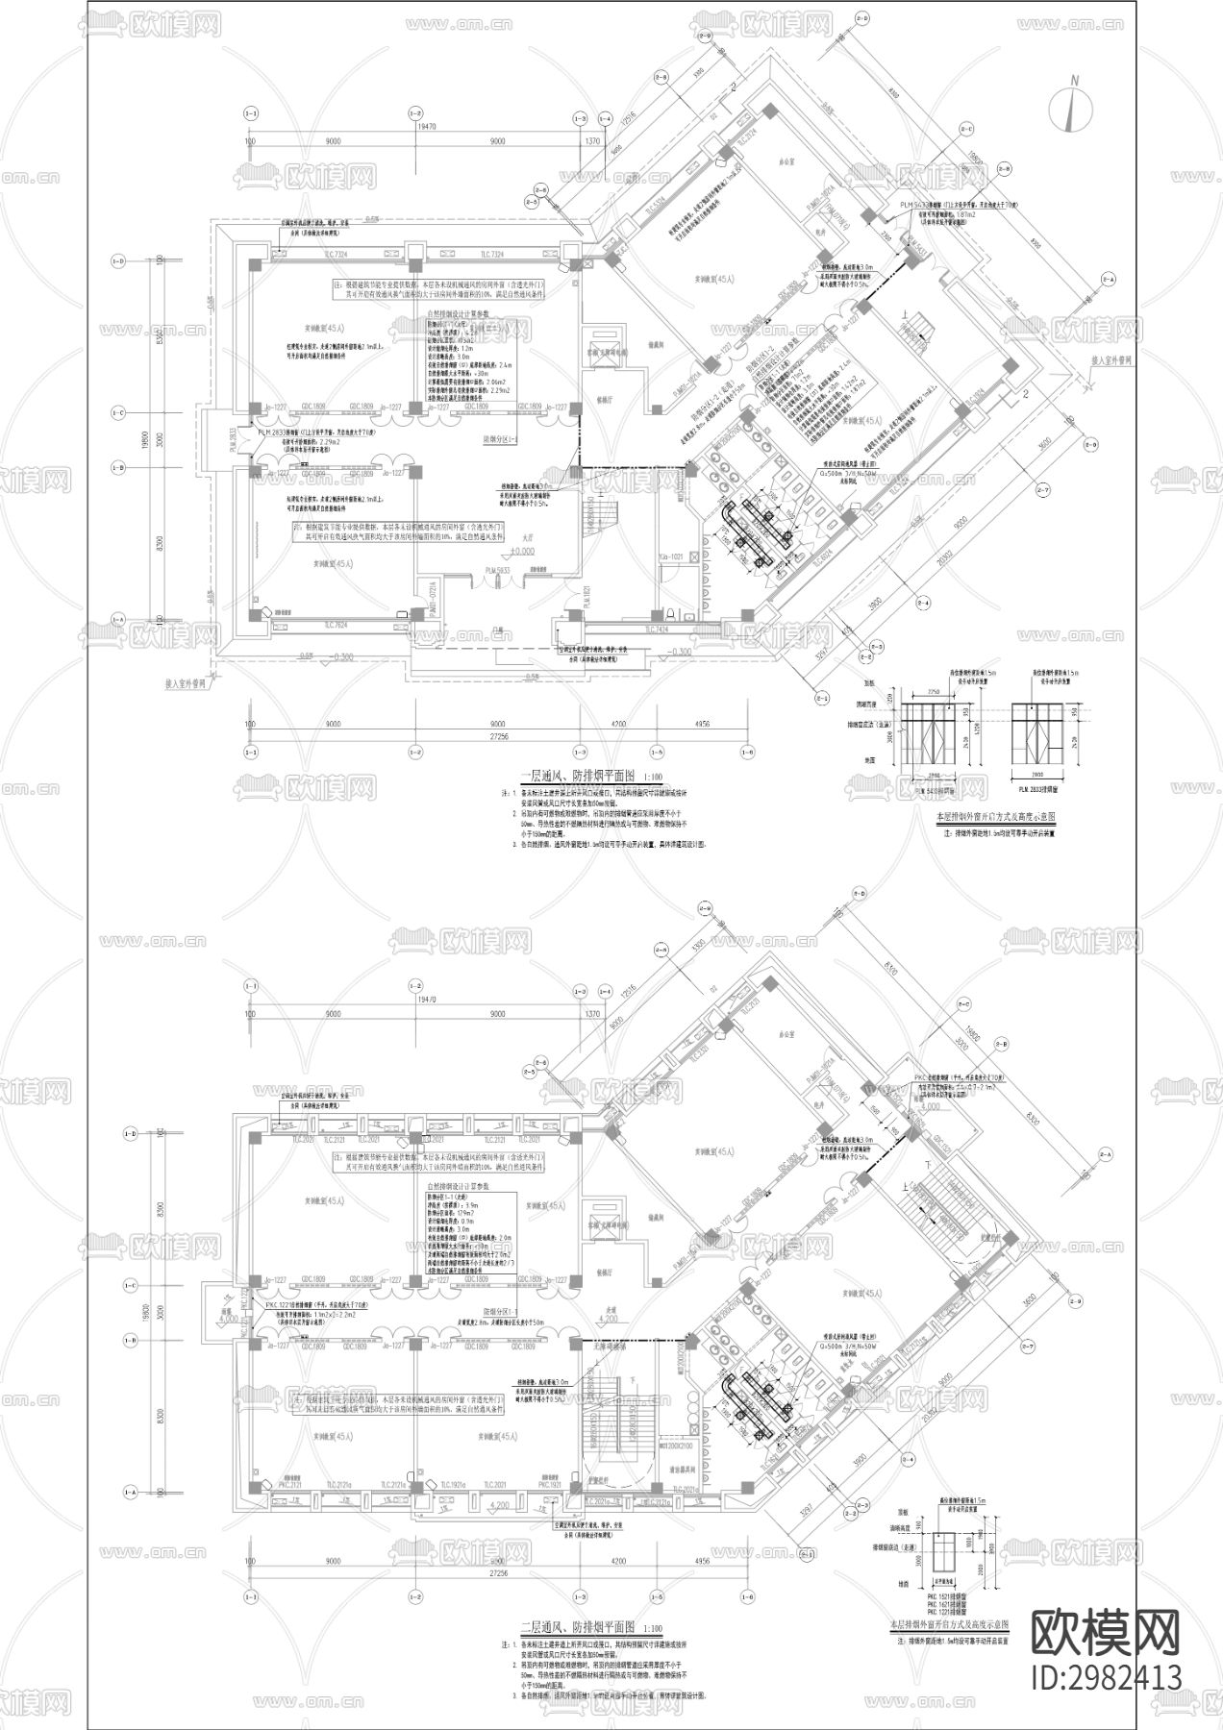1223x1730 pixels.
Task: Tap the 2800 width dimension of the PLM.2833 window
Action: tap(1035, 773)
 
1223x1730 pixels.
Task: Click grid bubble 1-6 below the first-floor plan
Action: tap(745, 751)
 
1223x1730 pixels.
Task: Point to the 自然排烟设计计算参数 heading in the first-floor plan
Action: tap(459, 313)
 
